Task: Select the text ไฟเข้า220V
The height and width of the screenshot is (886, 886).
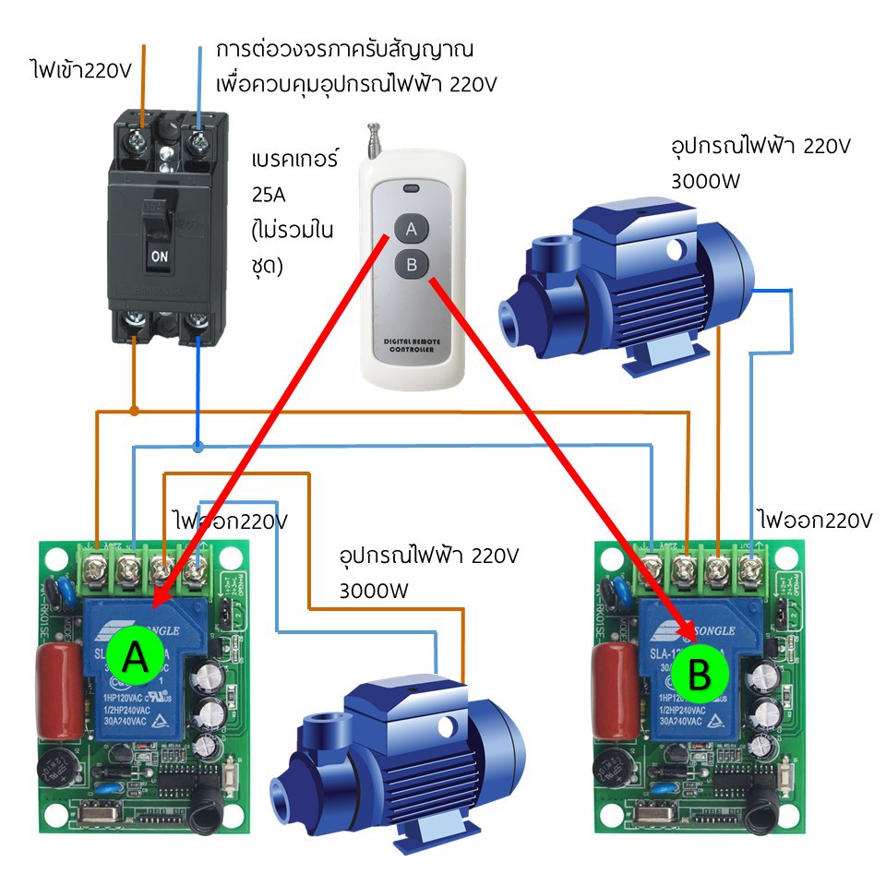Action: click(x=81, y=70)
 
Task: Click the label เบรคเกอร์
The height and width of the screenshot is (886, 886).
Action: click(x=294, y=161)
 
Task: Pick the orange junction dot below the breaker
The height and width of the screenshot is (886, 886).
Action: click(x=135, y=409)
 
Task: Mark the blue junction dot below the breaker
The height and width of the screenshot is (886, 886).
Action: click(x=198, y=447)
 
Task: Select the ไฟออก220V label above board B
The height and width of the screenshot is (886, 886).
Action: click(x=812, y=519)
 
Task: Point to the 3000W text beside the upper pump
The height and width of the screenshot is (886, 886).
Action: click(x=706, y=181)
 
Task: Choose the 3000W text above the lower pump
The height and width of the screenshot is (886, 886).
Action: click(x=375, y=590)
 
